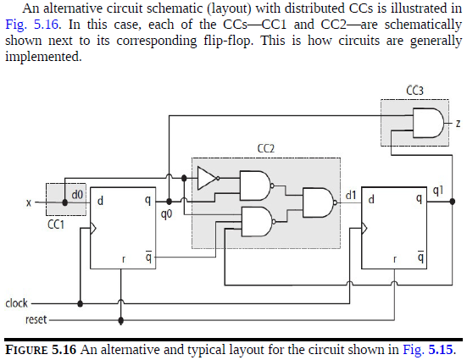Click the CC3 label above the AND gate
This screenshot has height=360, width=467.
pyautogui.click(x=415, y=91)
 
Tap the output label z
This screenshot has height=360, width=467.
pyautogui.click(x=458, y=125)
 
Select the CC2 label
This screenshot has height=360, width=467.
pyautogui.click(x=265, y=149)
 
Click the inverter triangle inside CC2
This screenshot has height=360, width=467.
pyautogui.click(x=206, y=178)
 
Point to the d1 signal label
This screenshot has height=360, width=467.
pyautogui.click(x=350, y=196)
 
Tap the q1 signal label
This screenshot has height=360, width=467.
pyautogui.click(x=436, y=191)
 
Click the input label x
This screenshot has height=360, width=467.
pyautogui.click(x=28, y=203)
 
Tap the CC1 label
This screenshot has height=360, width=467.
pyautogui.click(x=56, y=226)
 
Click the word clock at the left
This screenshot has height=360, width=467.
pyautogui.click(x=17, y=302)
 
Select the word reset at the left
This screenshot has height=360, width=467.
pyautogui.click(x=16, y=320)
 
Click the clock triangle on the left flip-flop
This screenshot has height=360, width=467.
pyautogui.click(x=94, y=227)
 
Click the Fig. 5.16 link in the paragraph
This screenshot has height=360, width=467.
pyautogui.click(x=29, y=27)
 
